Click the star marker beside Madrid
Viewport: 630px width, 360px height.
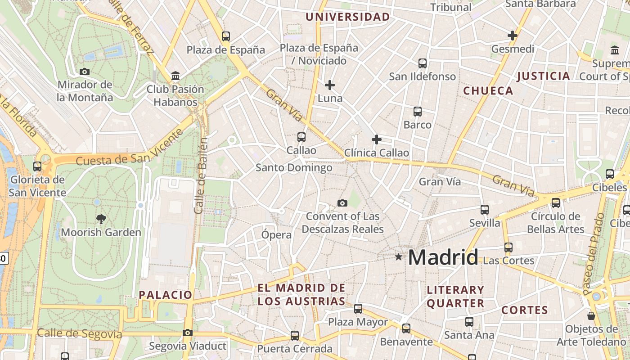398,257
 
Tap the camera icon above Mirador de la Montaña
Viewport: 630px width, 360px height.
84,72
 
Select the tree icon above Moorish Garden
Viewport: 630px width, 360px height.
101,219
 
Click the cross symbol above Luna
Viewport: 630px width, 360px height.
330,85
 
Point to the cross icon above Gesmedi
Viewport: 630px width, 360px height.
512,36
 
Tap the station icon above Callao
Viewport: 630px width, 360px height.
301,137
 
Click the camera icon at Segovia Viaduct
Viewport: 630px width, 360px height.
188,333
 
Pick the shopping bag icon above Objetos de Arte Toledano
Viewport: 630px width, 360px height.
591,316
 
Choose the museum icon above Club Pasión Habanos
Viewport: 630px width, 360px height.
175,76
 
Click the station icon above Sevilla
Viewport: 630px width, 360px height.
485,209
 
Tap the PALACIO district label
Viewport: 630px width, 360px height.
166,295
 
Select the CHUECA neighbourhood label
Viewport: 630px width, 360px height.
488,90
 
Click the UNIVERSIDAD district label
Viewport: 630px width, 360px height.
348,17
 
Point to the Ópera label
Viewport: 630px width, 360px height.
276,234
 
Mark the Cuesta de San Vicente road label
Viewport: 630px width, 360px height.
130,147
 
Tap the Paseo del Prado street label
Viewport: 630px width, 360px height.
594,254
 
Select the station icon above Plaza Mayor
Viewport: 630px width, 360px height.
358,309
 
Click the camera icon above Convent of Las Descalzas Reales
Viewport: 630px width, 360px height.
342,203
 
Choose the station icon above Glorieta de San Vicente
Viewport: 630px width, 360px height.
37,166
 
